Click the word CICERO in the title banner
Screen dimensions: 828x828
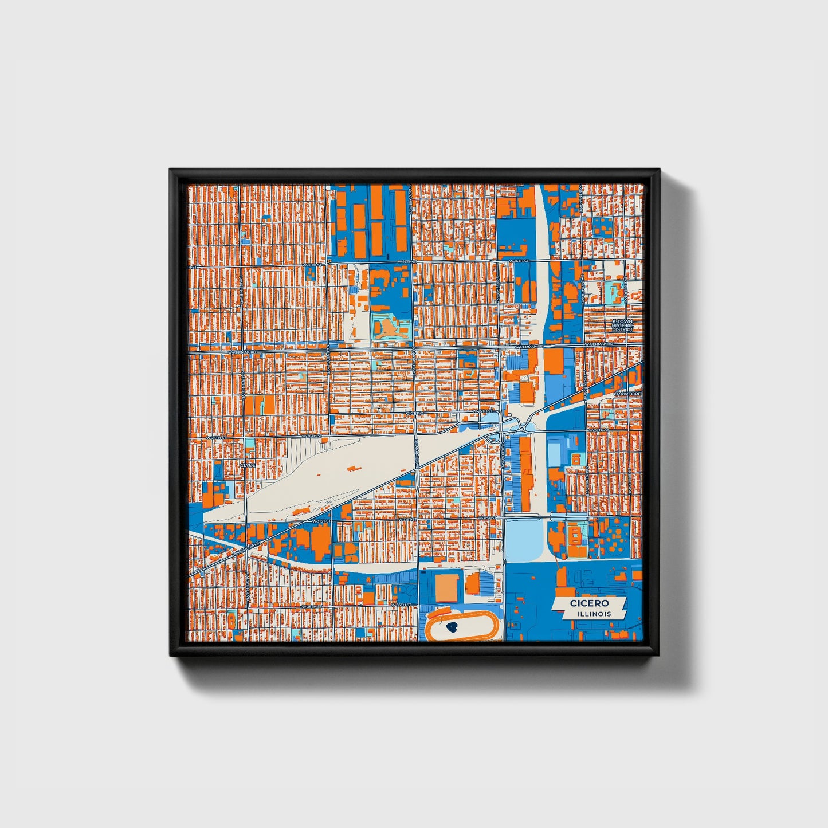[x=589, y=603]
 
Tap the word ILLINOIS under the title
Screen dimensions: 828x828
[x=594, y=614]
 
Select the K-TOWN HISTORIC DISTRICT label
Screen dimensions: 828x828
[x=623, y=325]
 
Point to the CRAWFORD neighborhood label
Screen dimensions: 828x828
[x=627, y=394]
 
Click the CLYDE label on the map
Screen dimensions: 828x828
[x=248, y=465]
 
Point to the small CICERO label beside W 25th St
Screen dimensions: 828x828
[x=414, y=413]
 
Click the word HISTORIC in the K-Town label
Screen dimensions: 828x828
[x=623, y=325]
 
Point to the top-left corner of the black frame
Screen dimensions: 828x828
[x=171, y=170]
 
